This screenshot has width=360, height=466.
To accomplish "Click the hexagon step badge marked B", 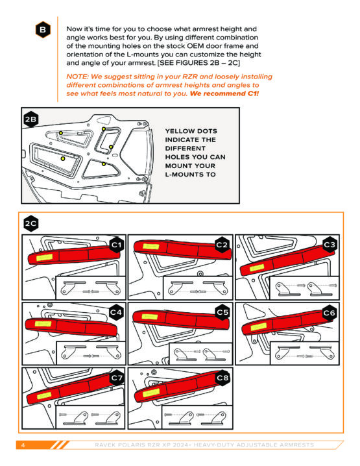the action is [x=43, y=30].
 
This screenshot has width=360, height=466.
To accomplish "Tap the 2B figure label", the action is [x=30, y=119].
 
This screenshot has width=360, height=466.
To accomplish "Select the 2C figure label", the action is [x=31, y=223].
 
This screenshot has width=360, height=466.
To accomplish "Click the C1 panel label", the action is [x=117, y=245].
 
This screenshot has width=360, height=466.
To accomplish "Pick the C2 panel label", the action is [x=222, y=245].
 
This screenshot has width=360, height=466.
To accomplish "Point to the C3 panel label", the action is [x=330, y=245].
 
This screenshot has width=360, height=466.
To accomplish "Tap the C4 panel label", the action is [x=116, y=312].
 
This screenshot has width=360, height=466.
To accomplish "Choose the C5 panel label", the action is [x=222, y=312].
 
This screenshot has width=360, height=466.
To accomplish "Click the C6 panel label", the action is [x=330, y=313].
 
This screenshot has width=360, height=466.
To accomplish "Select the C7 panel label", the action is [x=117, y=378].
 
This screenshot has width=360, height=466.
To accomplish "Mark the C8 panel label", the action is [x=222, y=378].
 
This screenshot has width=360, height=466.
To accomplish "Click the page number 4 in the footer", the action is [x=23, y=445].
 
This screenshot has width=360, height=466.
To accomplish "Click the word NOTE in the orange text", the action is [x=78, y=77].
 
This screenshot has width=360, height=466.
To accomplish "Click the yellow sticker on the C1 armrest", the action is [x=45, y=258].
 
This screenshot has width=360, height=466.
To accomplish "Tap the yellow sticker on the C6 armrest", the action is [x=258, y=326].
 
